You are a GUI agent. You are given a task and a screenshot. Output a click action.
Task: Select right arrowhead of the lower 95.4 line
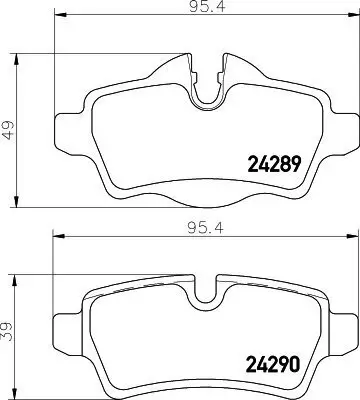(x=350, y=237)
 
